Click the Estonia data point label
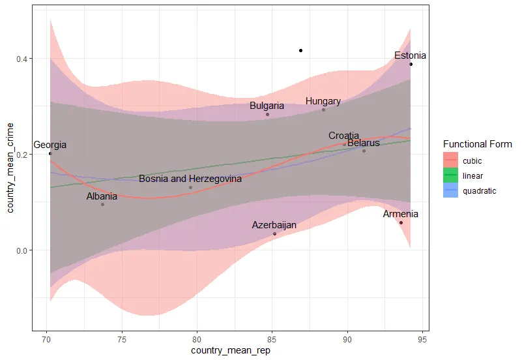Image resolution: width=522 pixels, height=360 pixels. tap(410, 56)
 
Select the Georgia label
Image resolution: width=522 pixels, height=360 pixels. tap(50, 145)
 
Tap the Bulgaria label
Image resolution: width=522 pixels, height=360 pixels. tap(267, 106)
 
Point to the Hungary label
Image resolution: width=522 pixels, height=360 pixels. tap(323, 101)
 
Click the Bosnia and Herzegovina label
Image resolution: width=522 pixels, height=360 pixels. tap(190, 179)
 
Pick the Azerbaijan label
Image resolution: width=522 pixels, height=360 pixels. tap(274, 225)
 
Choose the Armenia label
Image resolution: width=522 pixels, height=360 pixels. tap(401, 215)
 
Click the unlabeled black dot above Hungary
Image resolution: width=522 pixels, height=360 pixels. tap(300, 50)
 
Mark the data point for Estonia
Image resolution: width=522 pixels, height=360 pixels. tap(411, 64)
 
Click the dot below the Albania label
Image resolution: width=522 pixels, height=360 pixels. tap(102, 204)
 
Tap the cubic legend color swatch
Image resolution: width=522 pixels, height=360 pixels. tap(450, 160)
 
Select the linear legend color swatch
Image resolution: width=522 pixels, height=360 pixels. tap(450, 175)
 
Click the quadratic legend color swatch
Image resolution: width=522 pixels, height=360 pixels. tap(450, 191)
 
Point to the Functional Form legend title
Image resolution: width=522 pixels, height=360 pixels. tap(477, 144)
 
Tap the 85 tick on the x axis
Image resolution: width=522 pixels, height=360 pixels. tap(272, 340)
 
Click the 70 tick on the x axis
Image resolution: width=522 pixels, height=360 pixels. tap(46, 340)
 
